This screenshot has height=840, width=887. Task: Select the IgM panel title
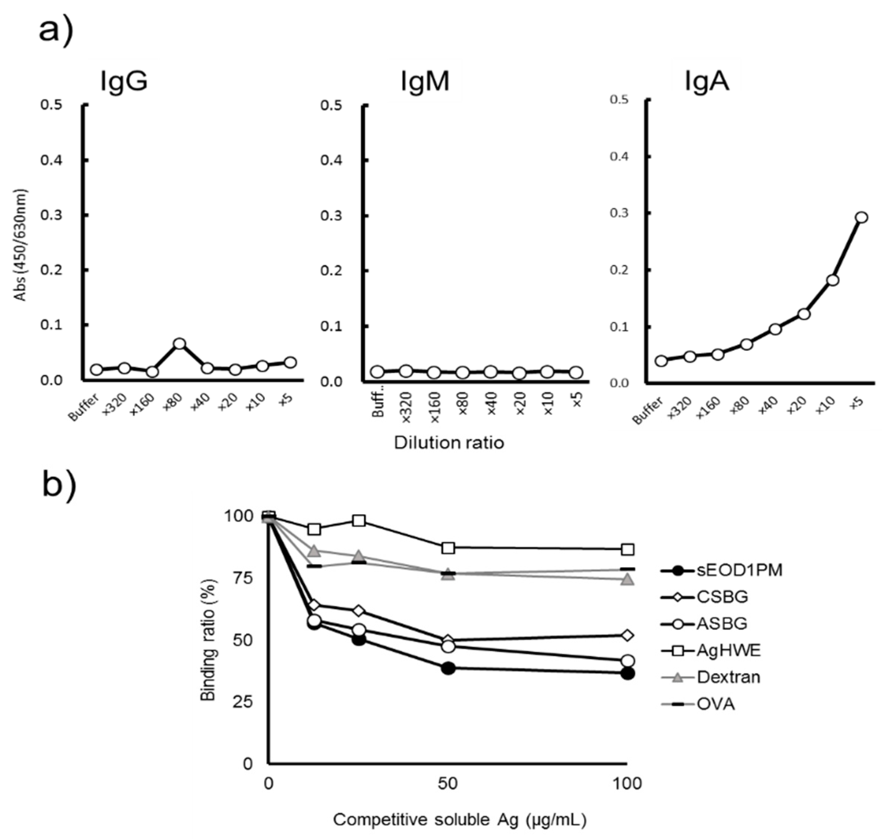[424, 82]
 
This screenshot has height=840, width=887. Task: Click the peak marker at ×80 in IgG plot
[180, 344]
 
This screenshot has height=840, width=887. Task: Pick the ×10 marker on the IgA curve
[832, 280]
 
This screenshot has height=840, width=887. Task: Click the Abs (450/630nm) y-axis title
[21, 245]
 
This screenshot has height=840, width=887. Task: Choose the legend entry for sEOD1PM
[738, 570]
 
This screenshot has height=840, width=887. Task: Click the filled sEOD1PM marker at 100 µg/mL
[628, 674]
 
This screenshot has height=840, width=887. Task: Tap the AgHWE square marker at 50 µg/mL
[448, 548]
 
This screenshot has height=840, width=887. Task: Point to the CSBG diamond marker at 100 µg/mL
[628, 635]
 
